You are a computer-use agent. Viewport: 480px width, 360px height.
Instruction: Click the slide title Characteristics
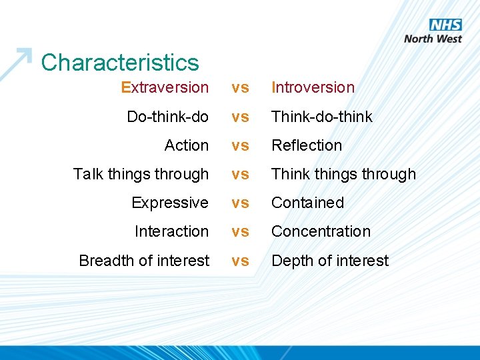coord(120,63)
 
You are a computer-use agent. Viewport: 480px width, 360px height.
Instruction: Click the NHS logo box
coord(445,25)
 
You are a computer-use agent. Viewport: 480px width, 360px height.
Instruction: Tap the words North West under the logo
coord(433,39)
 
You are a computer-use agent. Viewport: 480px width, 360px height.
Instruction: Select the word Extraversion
coord(165,87)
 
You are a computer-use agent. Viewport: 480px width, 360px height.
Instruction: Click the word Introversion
coord(313,87)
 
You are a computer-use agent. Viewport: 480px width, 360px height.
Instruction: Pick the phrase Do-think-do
coord(167,117)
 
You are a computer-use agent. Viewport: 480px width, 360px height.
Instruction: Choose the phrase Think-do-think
coord(321,117)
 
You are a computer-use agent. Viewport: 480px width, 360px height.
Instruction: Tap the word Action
coord(187,145)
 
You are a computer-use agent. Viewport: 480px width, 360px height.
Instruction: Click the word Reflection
coord(306,145)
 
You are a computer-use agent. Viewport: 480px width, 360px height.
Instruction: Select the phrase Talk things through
coord(141,174)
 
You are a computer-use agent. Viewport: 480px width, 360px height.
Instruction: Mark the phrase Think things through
coord(343,174)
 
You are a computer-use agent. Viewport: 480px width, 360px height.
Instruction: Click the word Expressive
coord(170,203)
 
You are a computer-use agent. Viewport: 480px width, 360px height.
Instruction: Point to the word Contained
coord(307,203)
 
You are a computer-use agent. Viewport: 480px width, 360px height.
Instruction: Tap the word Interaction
coord(171,231)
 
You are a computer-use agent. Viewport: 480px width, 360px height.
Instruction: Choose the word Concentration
coord(321,231)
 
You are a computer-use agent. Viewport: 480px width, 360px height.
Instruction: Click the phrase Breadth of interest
coord(144,261)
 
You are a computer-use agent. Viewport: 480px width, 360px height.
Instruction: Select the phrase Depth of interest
coord(329,261)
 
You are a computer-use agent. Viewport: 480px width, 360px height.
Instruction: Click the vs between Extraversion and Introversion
coord(240,88)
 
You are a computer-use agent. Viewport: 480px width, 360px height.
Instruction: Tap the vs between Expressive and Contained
coord(240,203)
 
